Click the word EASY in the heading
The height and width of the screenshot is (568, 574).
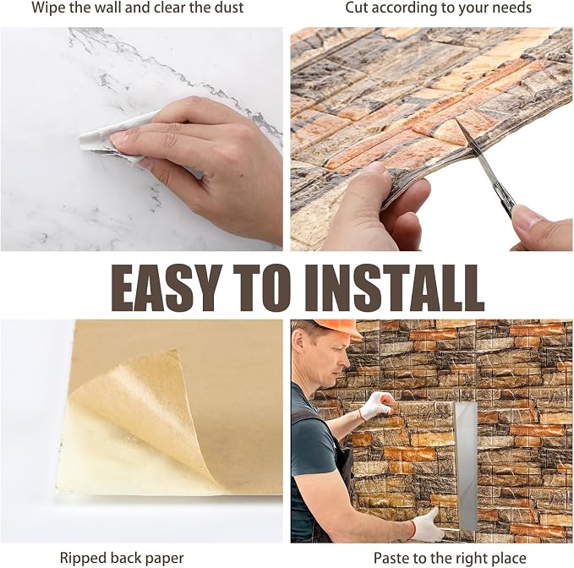pyautogui.click(x=167, y=287)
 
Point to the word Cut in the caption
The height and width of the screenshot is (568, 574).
pyautogui.click(x=357, y=8)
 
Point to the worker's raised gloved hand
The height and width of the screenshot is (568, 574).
pyautogui.click(x=377, y=405)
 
